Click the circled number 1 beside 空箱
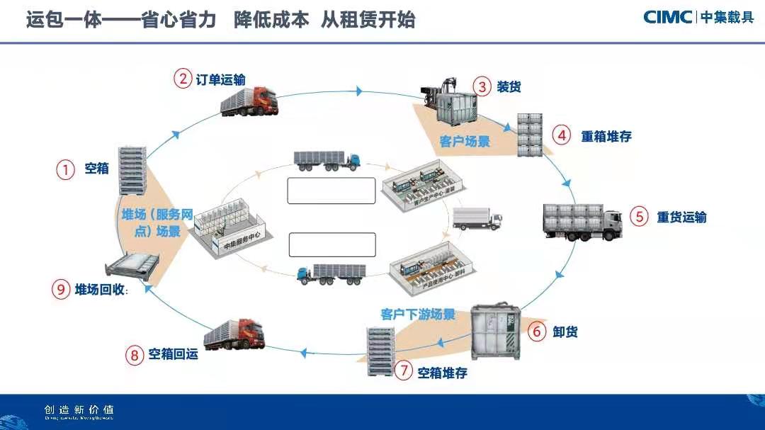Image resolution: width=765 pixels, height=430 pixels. (x=66, y=169)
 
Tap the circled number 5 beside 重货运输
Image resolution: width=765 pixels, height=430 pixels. (x=640, y=217)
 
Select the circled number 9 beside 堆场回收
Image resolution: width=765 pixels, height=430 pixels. (x=61, y=289)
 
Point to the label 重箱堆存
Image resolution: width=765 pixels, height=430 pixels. (x=606, y=136)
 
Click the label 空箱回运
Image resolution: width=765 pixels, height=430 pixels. (x=173, y=354)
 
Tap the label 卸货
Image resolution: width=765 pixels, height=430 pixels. (x=565, y=331)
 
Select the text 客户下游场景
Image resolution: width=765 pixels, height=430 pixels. (x=418, y=314)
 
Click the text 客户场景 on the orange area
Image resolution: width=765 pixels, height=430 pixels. (x=465, y=142)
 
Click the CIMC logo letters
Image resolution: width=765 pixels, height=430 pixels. (x=667, y=17)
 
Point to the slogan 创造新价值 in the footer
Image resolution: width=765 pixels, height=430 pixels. (x=79, y=409)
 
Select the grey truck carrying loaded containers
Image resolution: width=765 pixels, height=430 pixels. (x=582, y=220)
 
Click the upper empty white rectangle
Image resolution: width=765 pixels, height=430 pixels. (x=331, y=191)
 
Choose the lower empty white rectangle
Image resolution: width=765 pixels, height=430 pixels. (x=331, y=244)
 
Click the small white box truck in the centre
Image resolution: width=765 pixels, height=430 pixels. (x=476, y=218)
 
